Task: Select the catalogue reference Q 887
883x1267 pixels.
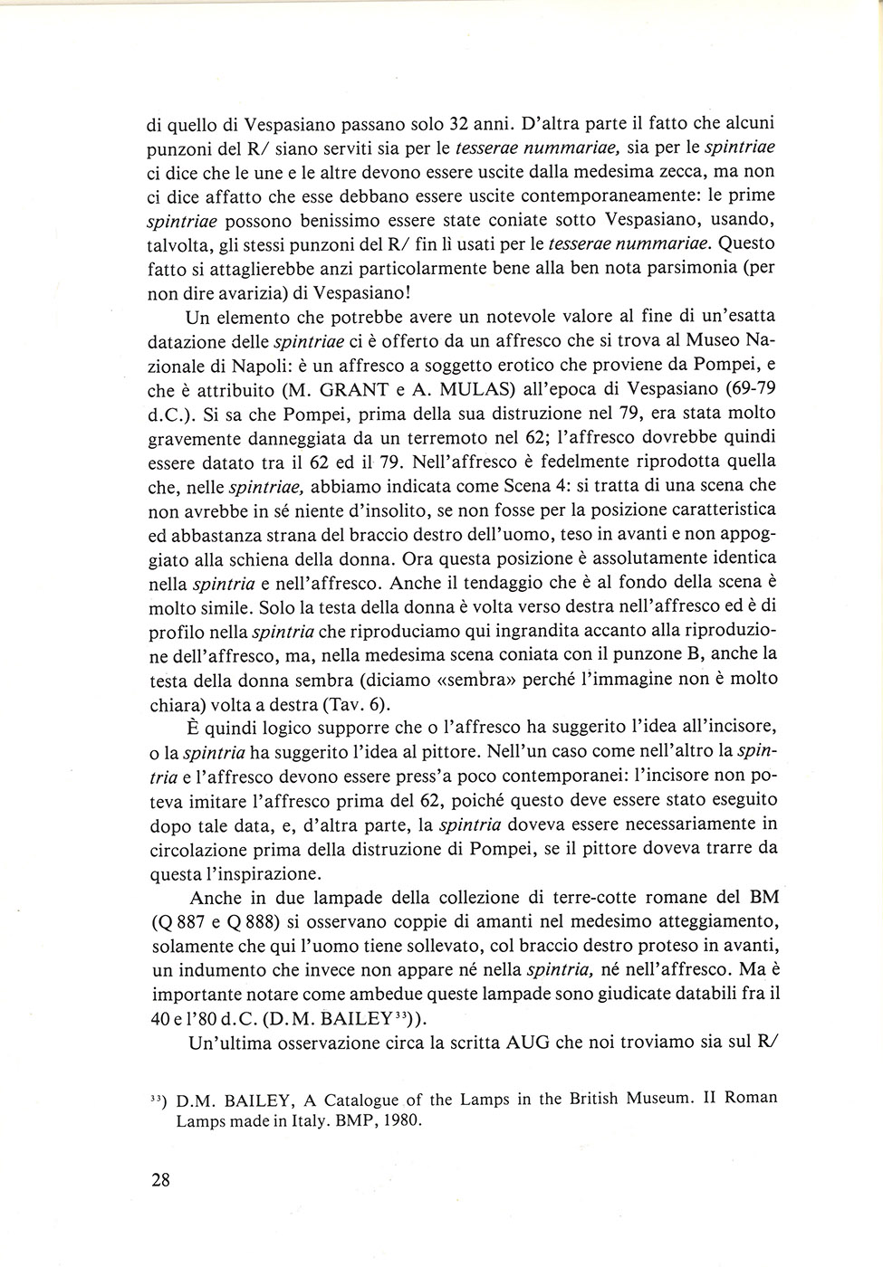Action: [186, 921]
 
